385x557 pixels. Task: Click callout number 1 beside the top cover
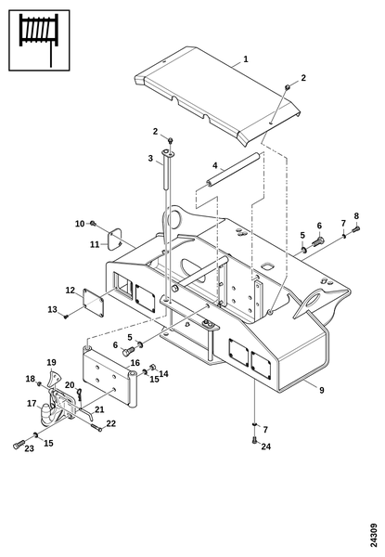(246, 59)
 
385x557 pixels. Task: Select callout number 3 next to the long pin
(150, 158)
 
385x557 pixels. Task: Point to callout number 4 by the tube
(214, 165)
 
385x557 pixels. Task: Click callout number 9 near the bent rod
(322, 390)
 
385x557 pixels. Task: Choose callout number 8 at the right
(356, 216)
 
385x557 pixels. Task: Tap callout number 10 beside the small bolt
(80, 224)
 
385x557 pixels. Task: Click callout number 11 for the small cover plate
(95, 244)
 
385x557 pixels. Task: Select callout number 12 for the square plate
(71, 291)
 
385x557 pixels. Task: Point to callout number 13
(53, 309)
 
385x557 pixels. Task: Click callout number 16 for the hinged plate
(135, 363)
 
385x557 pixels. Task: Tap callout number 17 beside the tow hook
(32, 404)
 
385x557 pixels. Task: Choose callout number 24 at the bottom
(265, 447)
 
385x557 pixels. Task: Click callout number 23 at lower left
(29, 448)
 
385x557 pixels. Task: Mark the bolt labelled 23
(19, 444)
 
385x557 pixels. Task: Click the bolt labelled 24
(254, 439)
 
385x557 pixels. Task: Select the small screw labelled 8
(356, 229)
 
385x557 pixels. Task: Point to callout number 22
(111, 423)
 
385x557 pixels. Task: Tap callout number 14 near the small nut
(163, 374)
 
